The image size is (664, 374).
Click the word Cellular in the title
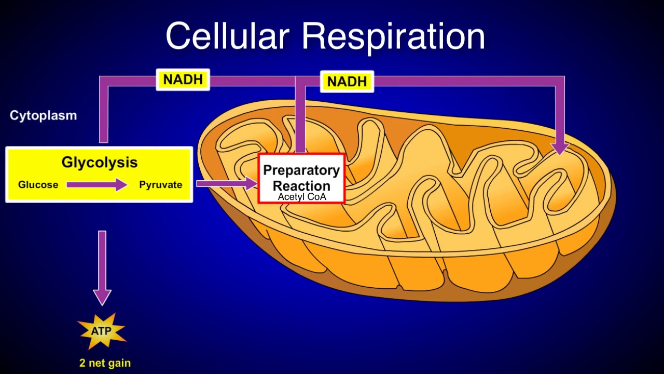227,36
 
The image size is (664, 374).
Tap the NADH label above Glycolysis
183,79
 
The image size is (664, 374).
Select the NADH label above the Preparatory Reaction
347,82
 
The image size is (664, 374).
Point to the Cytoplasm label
43,115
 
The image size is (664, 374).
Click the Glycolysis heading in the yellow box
100,162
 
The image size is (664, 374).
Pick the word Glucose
38,184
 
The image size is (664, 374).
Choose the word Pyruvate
160,184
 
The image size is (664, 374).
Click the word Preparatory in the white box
301,170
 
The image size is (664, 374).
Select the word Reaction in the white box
301,185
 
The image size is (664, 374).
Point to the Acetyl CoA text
301,197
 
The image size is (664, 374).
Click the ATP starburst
102,331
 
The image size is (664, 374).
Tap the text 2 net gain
105,363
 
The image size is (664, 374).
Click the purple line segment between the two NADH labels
253,81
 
